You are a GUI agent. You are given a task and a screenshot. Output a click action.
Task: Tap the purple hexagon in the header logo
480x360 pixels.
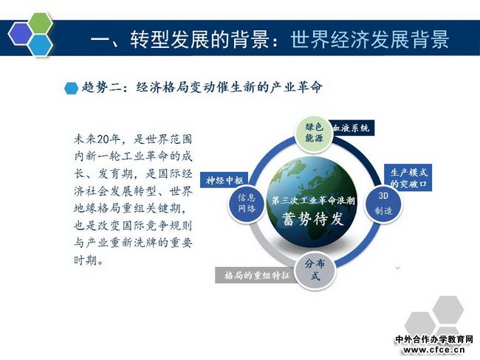(21, 34)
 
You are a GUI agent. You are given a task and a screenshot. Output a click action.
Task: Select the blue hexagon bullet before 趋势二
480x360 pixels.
(72, 89)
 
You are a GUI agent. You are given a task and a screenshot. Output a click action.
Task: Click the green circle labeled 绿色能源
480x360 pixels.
(314, 134)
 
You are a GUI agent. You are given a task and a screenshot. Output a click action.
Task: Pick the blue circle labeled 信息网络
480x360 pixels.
(247, 203)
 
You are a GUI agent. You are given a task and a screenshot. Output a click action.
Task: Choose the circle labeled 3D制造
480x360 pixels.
(383, 204)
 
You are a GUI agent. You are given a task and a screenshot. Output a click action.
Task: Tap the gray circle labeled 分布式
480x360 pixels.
(315, 271)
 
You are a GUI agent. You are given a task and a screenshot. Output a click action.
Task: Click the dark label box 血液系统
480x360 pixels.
(352, 128)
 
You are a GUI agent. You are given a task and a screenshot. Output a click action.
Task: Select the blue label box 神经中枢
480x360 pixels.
(224, 180)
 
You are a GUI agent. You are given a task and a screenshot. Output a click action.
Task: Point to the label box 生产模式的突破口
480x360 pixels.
(408, 178)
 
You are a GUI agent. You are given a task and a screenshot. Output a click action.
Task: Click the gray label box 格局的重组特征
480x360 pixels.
(256, 275)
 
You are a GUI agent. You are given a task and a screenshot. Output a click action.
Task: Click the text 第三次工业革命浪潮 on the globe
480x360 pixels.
(313, 201)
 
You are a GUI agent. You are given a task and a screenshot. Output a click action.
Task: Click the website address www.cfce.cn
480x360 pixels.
(433, 350)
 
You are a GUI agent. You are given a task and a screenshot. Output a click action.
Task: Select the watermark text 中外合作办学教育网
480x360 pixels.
(434, 339)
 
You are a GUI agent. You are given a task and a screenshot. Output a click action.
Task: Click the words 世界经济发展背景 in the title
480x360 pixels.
(370, 39)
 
